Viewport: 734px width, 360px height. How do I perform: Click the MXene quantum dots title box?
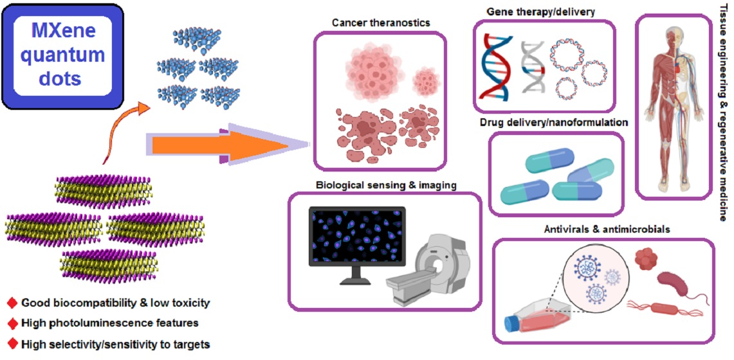pyautogui.click(x=62, y=56)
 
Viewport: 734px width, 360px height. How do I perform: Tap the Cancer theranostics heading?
pyautogui.click(x=381, y=23)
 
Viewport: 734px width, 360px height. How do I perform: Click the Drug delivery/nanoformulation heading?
pyautogui.click(x=554, y=122)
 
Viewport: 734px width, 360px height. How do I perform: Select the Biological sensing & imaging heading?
pyautogui.click(x=386, y=185)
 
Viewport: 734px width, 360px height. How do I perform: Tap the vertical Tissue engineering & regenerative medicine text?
pyautogui.click(x=724, y=113)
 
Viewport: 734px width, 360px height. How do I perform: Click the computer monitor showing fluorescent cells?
pyautogui.click(x=357, y=240)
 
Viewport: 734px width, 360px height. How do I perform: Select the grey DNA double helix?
pyautogui.click(x=533, y=64)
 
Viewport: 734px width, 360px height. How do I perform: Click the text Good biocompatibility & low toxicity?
pyautogui.click(x=116, y=302)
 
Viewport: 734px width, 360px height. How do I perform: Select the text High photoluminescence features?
pyautogui.click(x=109, y=323)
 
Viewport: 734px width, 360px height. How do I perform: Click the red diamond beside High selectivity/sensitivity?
pyautogui.click(x=11, y=343)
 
